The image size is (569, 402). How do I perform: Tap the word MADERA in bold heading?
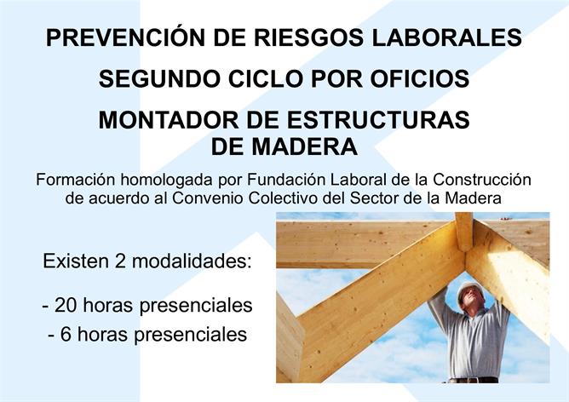point(305,146)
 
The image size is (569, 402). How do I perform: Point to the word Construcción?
point(482,180)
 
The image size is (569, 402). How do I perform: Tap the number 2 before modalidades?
point(120,261)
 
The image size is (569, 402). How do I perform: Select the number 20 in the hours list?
point(66,305)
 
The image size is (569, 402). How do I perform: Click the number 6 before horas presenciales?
point(66,334)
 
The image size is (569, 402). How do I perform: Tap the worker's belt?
point(474,380)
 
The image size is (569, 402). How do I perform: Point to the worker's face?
point(472,297)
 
